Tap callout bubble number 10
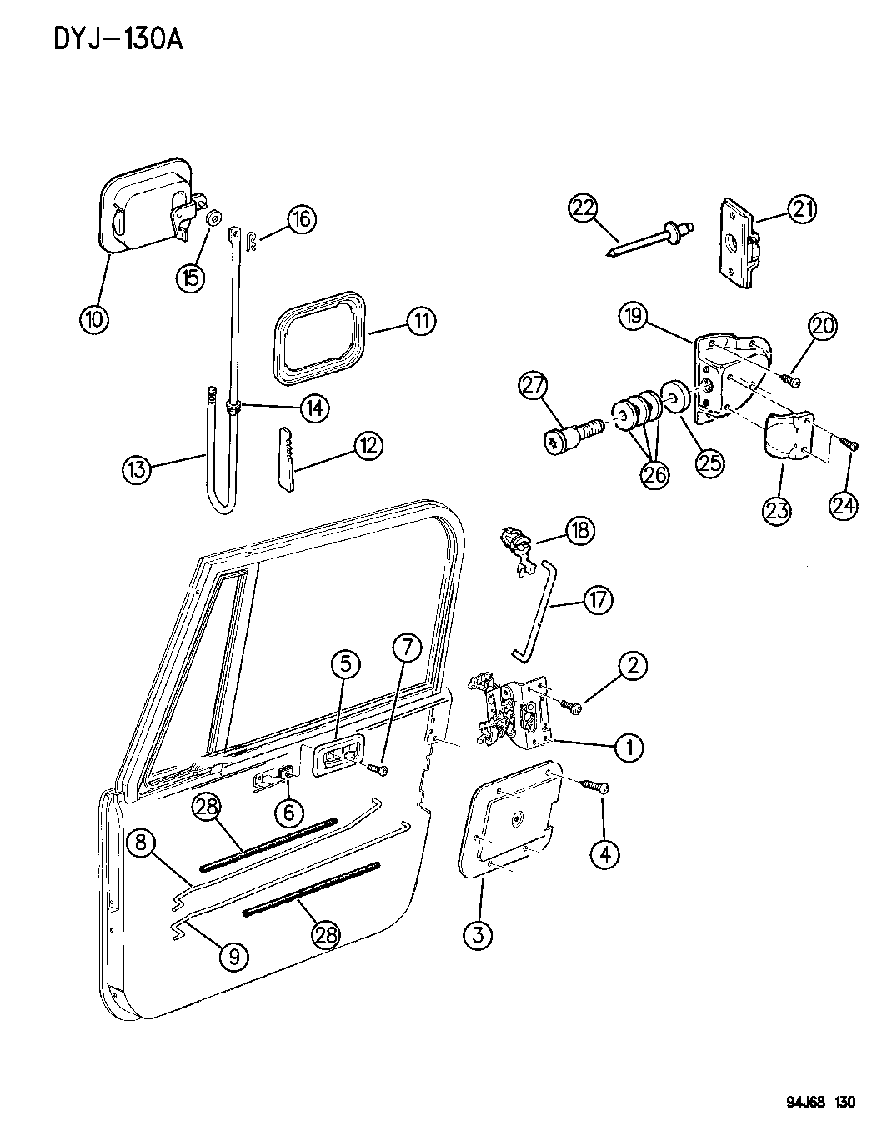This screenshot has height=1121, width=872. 96,318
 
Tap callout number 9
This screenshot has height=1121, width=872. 235,957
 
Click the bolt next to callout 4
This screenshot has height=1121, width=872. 594,785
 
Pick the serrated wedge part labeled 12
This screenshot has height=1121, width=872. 284,458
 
